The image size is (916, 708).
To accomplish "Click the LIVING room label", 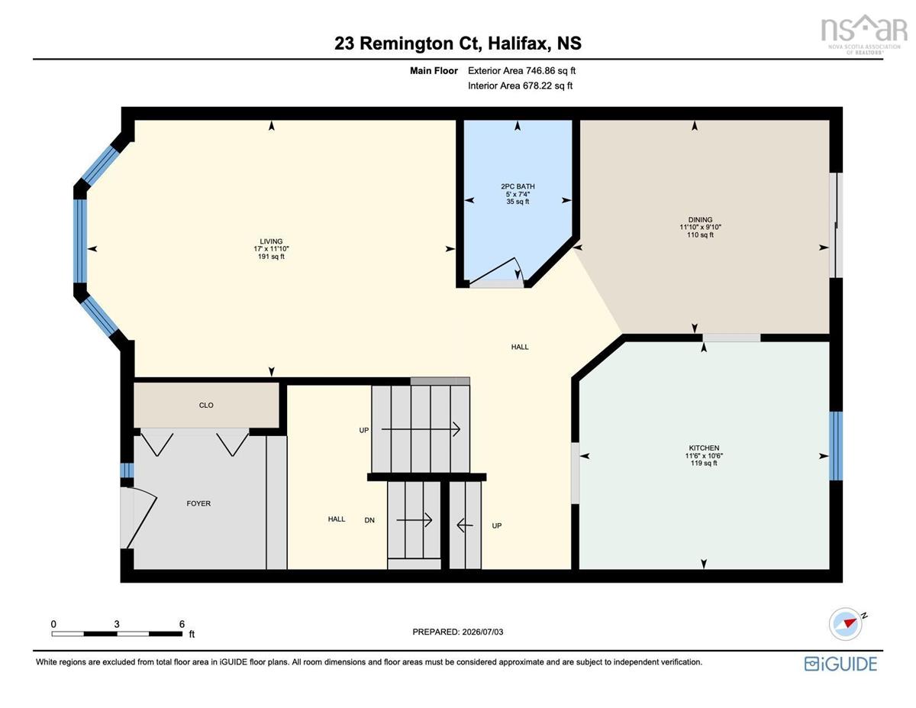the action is click(x=271, y=241).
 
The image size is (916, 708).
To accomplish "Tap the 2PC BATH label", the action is click(x=518, y=186).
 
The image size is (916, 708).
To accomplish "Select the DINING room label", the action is click(x=700, y=220).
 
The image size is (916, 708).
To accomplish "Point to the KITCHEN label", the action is click(x=704, y=448).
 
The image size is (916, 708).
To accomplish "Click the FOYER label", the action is click(x=198, y=503).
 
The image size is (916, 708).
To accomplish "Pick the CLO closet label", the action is click(x=206, y=406).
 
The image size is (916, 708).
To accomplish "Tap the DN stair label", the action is click(x=369, y=520).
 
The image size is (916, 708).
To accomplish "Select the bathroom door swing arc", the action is click(x=498, y=271).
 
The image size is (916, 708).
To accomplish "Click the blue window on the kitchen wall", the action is click(x=836, y=446).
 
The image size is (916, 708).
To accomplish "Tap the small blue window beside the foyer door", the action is click(x=127, y=470).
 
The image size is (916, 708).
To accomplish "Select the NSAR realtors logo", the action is click(x=864, y=34).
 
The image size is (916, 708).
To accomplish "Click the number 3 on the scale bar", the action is click(x=117, y=624).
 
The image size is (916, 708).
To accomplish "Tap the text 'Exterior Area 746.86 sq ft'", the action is click(x=521, y=71).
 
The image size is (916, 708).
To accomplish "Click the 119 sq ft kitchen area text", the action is click(x=704, y=463).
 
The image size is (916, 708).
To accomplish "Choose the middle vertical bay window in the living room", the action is click(x=80, y=241).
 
